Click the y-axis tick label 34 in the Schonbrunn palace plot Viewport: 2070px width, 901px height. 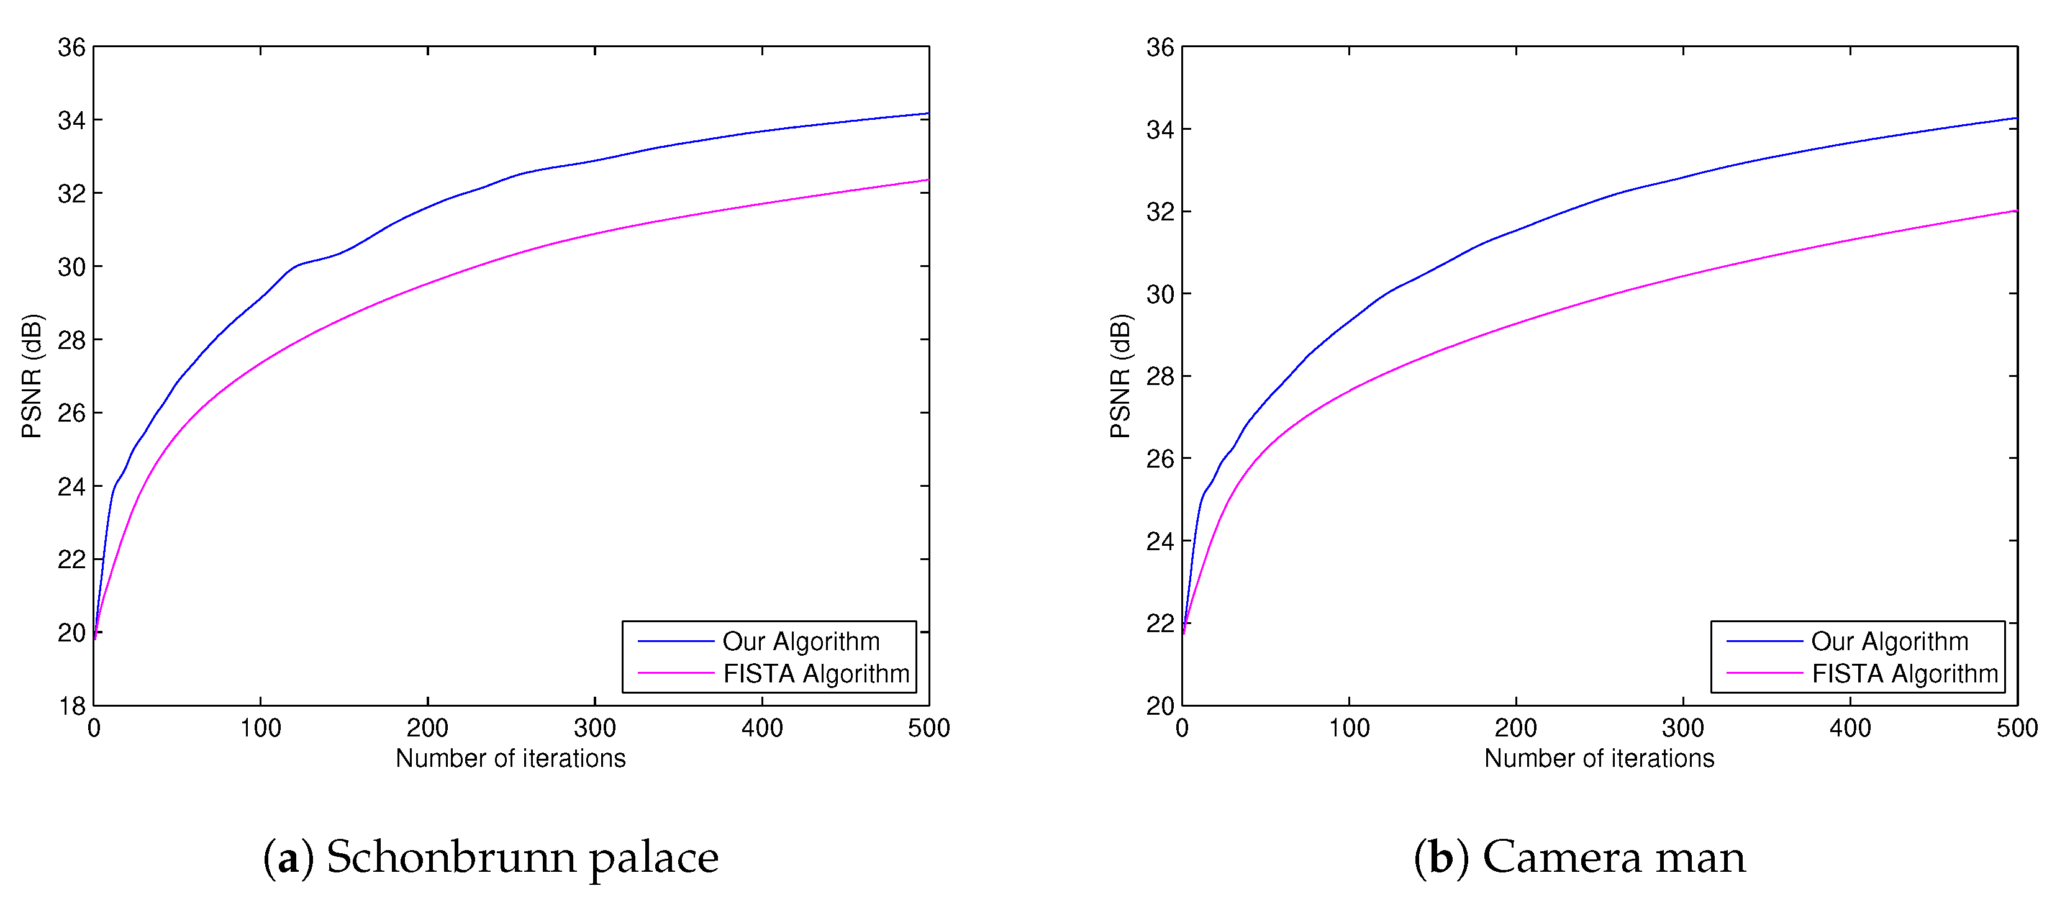(x=71, y=120)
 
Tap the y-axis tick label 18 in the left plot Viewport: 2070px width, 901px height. (x=71, y=707)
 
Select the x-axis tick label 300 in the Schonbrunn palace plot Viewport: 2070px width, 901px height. (x=594, y=728)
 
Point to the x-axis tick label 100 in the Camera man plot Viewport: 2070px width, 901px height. (x=1348, y=728)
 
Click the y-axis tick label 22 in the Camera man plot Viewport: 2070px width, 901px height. (x=1160, y=623)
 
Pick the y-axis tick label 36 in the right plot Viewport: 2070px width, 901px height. (x=1160, y=47)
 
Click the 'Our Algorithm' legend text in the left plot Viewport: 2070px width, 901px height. (x=801, y=641)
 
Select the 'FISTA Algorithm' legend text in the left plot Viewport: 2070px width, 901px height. (x=815, y=674)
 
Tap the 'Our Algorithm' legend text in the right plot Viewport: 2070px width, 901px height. (x=1889, y=641)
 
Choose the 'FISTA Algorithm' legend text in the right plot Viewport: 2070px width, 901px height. (x=1904, y=674)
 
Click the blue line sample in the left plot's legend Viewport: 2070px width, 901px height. (x=675, y=641)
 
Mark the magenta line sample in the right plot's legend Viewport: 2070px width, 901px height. (x=1764, y=672)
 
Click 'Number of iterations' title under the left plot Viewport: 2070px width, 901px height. (x=511, y=758)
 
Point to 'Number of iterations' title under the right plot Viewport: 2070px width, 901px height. (x=1599, y=758)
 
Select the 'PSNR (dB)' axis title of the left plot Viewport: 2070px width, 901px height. (x=32, y=376)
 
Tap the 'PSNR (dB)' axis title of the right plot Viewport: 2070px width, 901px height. (x=1120, y=376)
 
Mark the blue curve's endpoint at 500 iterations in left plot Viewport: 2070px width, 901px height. (x=928, y=114)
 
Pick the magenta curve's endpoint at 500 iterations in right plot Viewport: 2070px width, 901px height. (x=2016, y=211)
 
